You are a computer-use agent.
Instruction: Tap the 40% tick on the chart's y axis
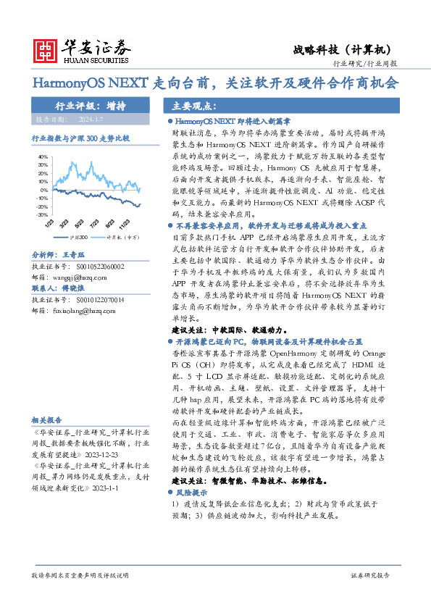click(x=43, y=156)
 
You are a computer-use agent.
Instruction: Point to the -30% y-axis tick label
click(x=43, y=215)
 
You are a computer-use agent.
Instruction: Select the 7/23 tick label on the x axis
click(x=95, y=225)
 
